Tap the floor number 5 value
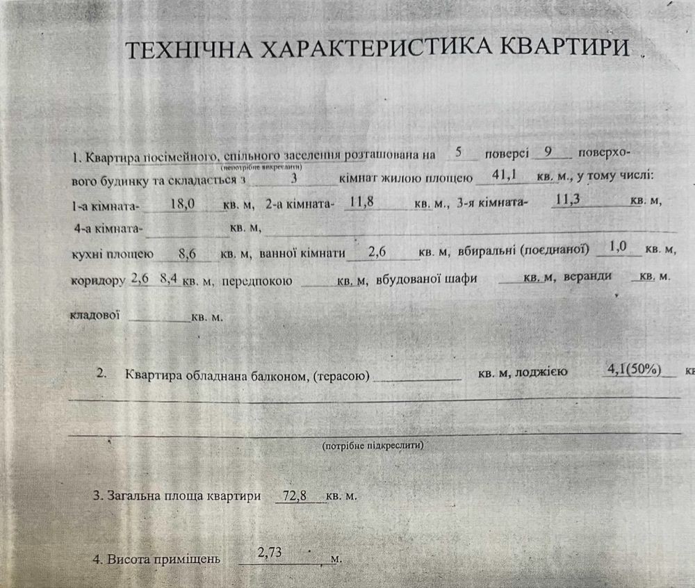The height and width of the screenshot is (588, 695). click(458, 152)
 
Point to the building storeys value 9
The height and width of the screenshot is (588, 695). click(550, 152)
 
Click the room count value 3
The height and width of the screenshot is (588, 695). click(295, 178)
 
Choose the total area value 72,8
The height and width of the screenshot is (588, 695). click(297, 496)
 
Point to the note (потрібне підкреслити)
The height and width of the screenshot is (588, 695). click(373, 444)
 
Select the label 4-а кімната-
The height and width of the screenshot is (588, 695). click(107, 228)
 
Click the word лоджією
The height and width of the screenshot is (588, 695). click(541, 373)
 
